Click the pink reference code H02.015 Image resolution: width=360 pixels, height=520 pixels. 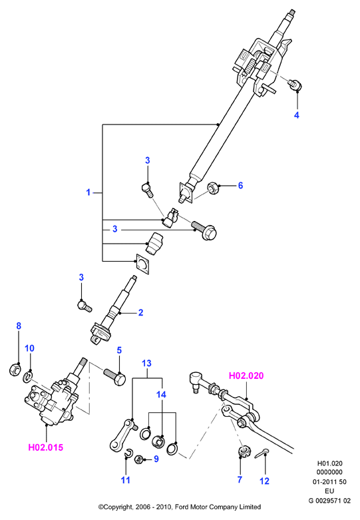click(x=46, y=447)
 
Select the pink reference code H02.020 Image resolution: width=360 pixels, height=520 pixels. click(x=246, y=376)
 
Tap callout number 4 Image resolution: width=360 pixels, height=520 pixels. click(x=297, y=115)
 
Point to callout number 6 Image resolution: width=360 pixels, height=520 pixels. click(x=241, y=185)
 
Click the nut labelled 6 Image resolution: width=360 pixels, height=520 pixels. click(x=213, y=188)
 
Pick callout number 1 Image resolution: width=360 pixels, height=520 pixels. click(x=89, y=192)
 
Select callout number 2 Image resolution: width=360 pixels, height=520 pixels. click(x=140, y=312)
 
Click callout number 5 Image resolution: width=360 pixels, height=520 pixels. click(x=119, y=350)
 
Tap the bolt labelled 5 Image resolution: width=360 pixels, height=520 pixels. click(x=114, y=377)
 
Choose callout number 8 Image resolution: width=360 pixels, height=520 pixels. click(x=19, y=326)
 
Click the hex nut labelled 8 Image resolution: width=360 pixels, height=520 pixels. click(x=15, y=370)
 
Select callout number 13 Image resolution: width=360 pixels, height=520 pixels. click(x=146, y=363)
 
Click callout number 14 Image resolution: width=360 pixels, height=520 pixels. click(x=162, y=394)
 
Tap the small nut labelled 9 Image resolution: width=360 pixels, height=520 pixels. click(x=139, y=459)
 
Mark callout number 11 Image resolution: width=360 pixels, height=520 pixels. click(x=126, y=480)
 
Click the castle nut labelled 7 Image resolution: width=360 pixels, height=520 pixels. click(x=244, y=451)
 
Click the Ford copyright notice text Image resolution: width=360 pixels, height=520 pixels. click(x=180, y=507)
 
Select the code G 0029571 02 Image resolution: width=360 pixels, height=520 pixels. click(x=329, y=501)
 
